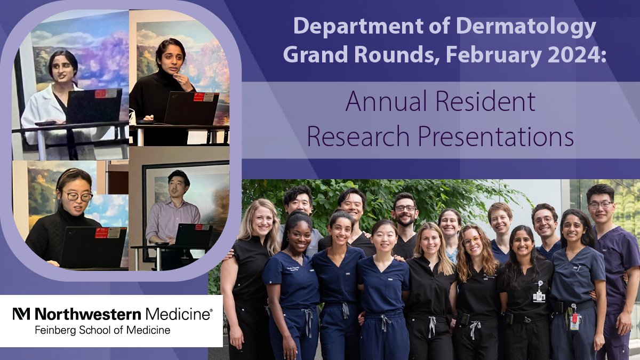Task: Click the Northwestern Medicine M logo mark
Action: click(22, 314)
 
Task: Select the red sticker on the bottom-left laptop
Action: click(101, 233)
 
